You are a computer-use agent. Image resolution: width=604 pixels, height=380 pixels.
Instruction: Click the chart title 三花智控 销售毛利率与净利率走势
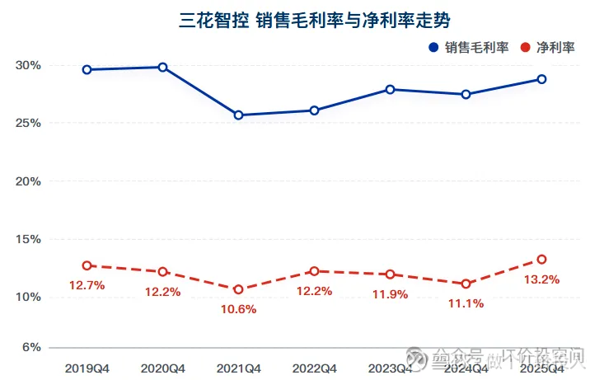coord(302,19)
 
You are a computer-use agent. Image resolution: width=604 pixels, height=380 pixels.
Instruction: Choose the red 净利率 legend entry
coord(548,48)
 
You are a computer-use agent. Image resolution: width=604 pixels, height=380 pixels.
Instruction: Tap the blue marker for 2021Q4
coord(239,115)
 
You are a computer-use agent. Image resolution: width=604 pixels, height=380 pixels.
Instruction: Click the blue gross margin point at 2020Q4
coord(163,67)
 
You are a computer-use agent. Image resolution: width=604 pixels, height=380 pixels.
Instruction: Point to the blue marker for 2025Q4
coord(541,79)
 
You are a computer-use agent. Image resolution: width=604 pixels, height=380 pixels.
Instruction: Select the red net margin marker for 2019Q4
coord(87,265)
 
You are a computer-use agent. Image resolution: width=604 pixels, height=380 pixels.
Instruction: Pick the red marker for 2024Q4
coord(466,284)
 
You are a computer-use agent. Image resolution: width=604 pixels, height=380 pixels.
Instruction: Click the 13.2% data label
coord(541,279)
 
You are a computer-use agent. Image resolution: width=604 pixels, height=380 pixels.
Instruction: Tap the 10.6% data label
coord(238,310)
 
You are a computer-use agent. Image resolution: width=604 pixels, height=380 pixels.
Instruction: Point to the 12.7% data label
coord(87,286)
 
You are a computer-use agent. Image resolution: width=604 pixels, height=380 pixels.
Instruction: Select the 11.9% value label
coord(390,294)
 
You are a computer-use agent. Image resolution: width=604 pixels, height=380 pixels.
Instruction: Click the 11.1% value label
coord(466,304)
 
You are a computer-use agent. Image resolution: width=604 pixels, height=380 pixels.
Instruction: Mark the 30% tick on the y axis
coord(29,65)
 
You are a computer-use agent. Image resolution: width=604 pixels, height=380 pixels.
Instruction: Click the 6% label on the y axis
coord(32,347)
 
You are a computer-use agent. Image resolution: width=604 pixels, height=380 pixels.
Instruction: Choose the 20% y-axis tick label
coord(29,181)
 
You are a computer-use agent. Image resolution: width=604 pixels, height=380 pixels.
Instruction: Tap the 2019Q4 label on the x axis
coord(87,368)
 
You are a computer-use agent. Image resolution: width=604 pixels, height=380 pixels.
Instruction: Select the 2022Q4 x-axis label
coord(314,368)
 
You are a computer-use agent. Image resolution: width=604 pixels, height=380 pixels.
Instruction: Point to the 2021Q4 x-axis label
coord(238,368)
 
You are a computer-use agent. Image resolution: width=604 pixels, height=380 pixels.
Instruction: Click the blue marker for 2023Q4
coord(391,89)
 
